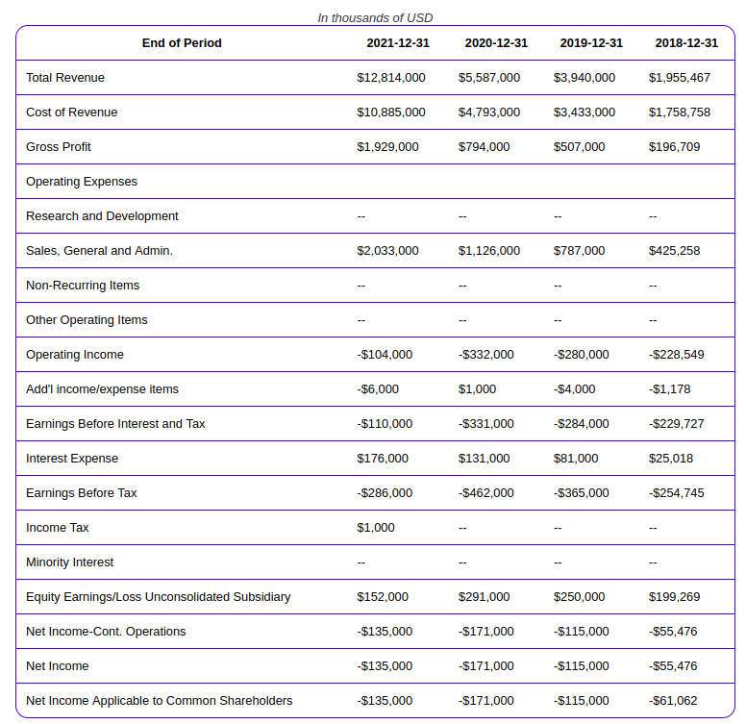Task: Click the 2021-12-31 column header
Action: [398, 43]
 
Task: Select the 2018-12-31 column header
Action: [686, 43]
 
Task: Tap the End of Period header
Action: [182, 43]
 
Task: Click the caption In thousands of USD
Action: [375, 17]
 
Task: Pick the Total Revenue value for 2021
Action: [391, 78]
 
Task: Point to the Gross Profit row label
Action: [58, 146]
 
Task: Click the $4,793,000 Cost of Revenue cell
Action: [489, 112]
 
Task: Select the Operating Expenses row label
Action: [82, 181]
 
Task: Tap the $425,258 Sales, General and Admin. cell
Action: [674, 251]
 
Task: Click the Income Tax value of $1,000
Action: [375, 528]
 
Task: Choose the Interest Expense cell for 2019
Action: [576, 458]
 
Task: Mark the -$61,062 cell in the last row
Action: [673, 701]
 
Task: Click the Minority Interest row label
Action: [69, 562]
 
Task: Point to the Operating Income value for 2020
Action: [485, 355]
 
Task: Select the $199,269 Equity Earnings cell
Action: [674, 596]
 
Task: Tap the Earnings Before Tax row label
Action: [82, 493]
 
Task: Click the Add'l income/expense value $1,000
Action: [477, 389]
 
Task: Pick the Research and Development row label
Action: [102, 216]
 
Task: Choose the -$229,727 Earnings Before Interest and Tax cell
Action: [676, 423]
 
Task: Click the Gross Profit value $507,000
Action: [579, 146]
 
